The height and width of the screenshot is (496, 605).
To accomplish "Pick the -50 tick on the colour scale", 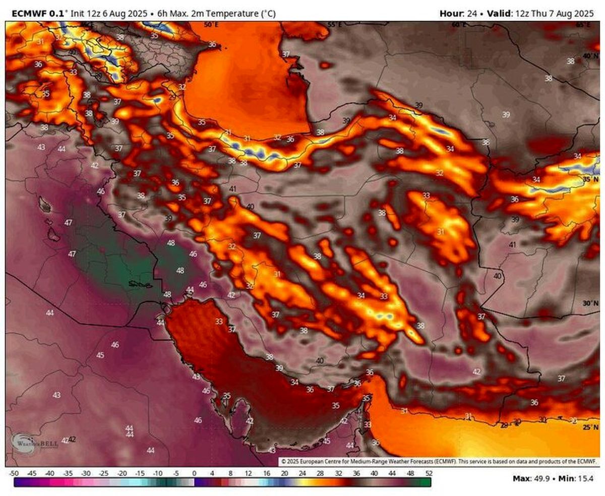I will pyautogui.click(x=14, y=473).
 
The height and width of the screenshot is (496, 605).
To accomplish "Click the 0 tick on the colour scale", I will pyautogui.click(x=195, y=473).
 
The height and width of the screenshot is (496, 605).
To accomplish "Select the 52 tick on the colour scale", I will pyautogui.click(x=429, y=473).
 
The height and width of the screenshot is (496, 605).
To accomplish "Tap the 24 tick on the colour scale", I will pyautogui.click(x=302, y=473).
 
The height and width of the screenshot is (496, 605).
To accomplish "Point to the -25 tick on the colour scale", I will pyautogui.click(x=104, y=473).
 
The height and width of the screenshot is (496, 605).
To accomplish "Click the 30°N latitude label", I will pyautogui.click(x=590, y=303).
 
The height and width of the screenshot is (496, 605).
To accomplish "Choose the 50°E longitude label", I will pyautogui.click(x=210, y=24).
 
